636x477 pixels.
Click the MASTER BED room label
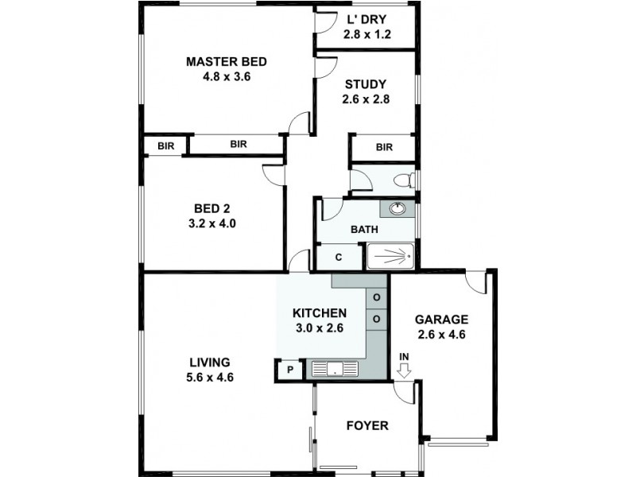(x=226, y=62)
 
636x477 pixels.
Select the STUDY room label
(x=366, y=84)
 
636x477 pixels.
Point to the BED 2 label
(x=210, y=209)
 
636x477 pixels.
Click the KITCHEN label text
(x=319, y=312)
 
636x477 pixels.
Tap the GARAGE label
(x=441, y=320)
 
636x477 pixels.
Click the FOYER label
(x=367, y=426)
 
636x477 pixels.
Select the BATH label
(x=364, y=230)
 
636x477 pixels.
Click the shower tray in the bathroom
(x=390, y=256)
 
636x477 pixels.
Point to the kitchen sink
(x=335, y=368)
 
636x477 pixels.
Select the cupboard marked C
(x=338, y=257)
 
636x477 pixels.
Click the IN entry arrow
(x=404, y=369)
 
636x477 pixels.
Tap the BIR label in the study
(x=384, y=147)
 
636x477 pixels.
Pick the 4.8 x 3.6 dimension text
(x=226, y=77)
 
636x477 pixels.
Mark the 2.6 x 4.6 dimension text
(x=441, y=335)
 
